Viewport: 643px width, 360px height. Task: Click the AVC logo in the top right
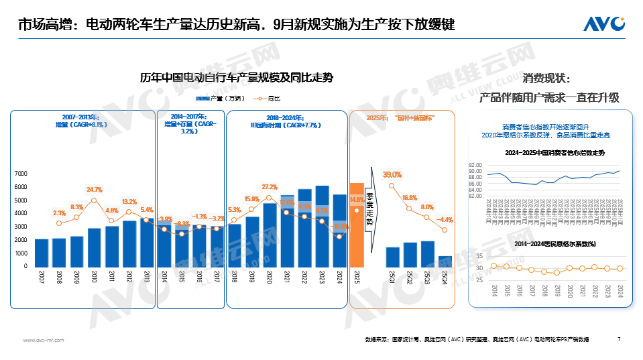tap(603, 25)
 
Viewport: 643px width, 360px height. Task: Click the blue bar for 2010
tap(94, 247)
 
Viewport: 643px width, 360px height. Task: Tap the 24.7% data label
tap(94, 190)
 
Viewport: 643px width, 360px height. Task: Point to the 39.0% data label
tap(392, 175)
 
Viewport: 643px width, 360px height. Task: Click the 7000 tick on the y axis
tap(20, 174)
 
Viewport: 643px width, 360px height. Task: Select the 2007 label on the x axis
tap(42, 277)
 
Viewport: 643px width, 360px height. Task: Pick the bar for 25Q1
tap(392, 257)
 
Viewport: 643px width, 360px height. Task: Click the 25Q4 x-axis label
tap(445, 277)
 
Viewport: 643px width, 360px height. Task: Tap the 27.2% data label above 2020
tap(270, 187)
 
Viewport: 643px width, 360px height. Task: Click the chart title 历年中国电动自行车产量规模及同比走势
tap(236, 78)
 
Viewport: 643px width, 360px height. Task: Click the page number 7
tap(618, 339)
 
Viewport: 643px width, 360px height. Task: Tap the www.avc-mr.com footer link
tap(44, 340)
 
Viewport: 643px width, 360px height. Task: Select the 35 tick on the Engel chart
tap(479, 257)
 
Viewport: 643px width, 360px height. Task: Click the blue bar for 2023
tap(322, 227)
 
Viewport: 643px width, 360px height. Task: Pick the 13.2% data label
tap(129, 202)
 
